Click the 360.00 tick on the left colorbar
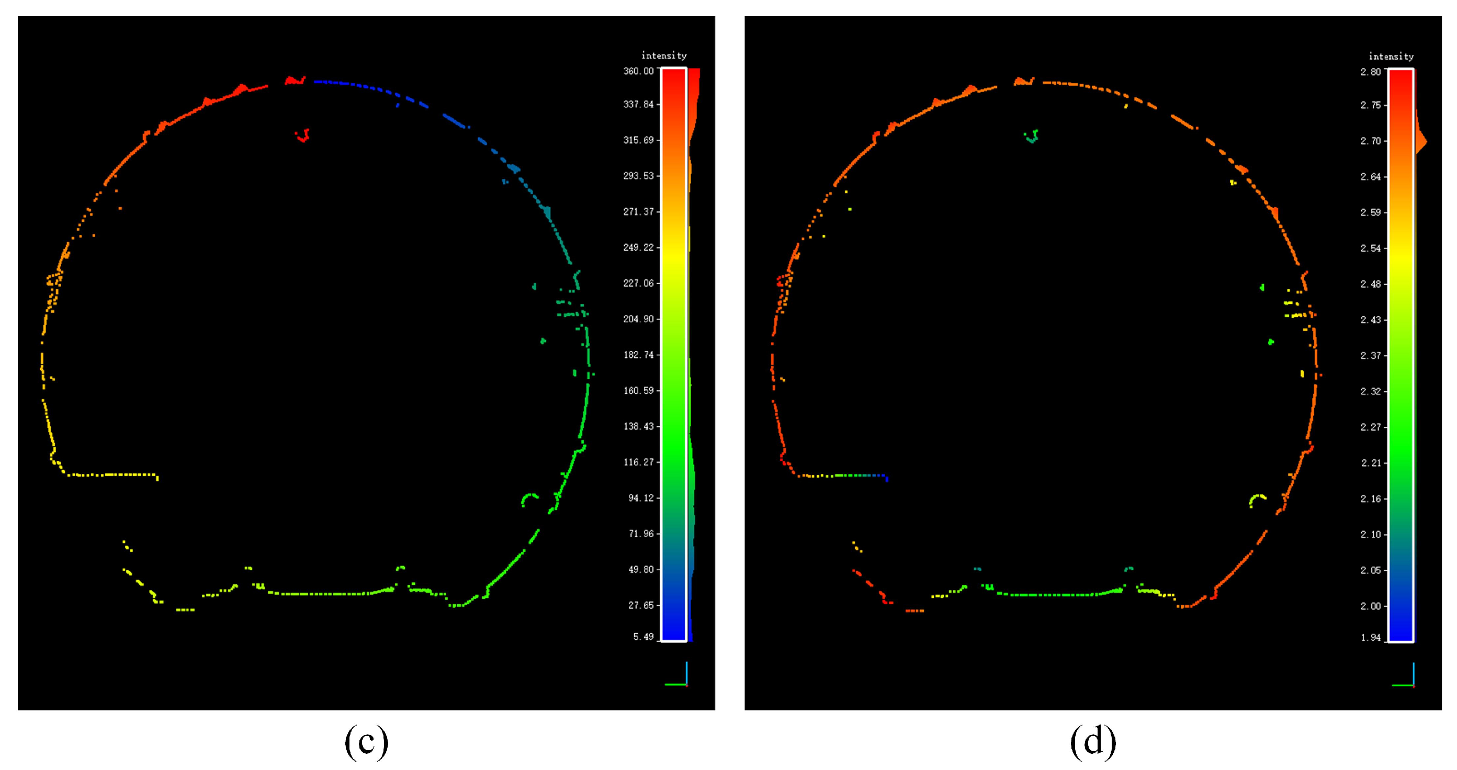tap(638, 71)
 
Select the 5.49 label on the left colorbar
tap(642, 637)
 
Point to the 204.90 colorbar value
tap(638, 319)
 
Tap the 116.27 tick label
tap(638, 462)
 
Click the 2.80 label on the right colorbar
tap(1370, 72)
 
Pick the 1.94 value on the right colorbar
tap(1370, 638)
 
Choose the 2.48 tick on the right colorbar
tap(1370, 284)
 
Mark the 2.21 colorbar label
tap(1370, 463)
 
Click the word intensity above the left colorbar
tap(663, 55)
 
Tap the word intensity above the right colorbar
tap(1391, 56)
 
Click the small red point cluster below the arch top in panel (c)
tap(303, 135)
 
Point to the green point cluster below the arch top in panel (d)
tap(1032, 136)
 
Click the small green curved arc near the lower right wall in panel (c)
tap(529, 498)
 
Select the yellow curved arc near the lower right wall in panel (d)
tap(1257, 499)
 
